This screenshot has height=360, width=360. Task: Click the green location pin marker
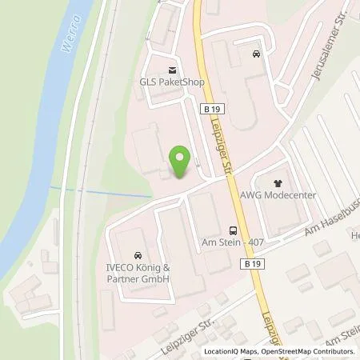coord(180,162)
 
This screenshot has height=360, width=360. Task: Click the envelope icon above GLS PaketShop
coord(170,67)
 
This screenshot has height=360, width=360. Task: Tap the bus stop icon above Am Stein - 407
coord(232,227)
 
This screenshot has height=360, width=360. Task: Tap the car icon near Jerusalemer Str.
coord(256,54)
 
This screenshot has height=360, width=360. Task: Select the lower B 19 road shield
coord(252,263)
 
